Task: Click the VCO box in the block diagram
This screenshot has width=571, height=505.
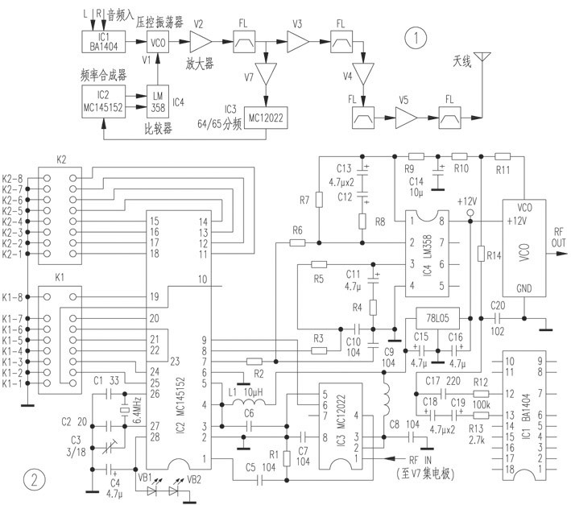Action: tap(159, 42)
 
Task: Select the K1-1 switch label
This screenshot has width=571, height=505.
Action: tap(13, 383)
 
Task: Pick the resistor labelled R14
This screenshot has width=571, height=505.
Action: tap(480, 256)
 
